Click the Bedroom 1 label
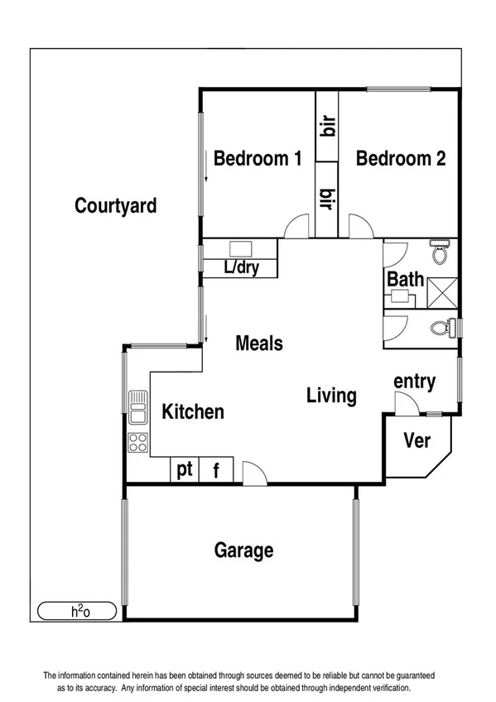[x=258, y=158]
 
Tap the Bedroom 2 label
[x=401, y=158]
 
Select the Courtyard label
[x=116, y=205]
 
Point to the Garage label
[x=244, y=550]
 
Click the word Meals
[x=259, y=343]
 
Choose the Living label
[x=331, y=396]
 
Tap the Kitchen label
[x=192, y=411]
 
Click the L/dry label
[x=242, y=268]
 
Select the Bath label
[x=405, y=279]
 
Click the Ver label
[x=417, y=440]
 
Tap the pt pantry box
[x=184, y=470]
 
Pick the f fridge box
[x=216, y=470]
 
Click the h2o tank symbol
[x=80, y=612]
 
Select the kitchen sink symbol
[x=137, y=405]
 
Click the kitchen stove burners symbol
[x=137, y=443]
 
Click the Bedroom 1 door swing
[x=295, y=227]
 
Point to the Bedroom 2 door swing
[x=360, y=227]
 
